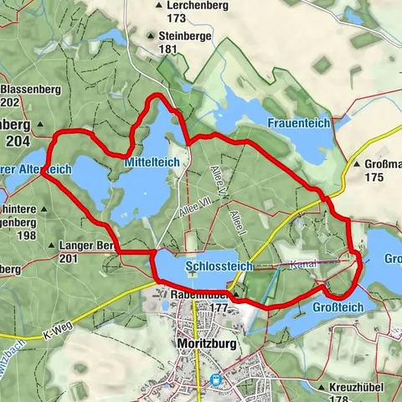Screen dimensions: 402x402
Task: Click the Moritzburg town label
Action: (x=198, y=343)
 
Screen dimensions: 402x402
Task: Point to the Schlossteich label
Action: (x=219, y=265)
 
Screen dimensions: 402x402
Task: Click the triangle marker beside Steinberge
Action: (x=152, y=36)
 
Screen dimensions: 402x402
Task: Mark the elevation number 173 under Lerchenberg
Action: (x=177, y=18)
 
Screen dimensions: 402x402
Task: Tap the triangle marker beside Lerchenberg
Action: (x=158, y=6)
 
